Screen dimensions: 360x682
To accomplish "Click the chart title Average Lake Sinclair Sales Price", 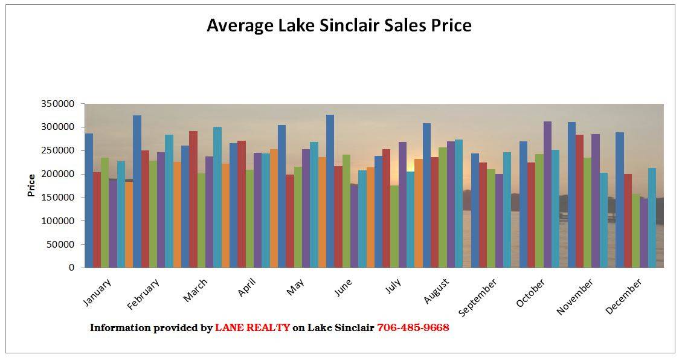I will click(339, 25).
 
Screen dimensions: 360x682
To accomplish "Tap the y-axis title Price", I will click(31, 185).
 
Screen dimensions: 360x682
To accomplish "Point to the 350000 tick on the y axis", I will click(58, 104).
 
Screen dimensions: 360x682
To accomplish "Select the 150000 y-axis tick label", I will click(58, 198).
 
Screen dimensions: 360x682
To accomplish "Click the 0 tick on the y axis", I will click(71, 268).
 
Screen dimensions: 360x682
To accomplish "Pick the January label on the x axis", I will click(97, 293).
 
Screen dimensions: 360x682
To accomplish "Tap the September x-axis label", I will click(478, 297).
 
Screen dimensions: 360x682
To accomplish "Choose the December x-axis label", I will click(624, 296).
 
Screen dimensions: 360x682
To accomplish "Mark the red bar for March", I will click(193, 199).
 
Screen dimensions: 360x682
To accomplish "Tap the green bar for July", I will click(394, 227).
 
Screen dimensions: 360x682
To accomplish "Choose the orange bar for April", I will click(274, 208).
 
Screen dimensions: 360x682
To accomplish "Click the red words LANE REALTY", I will click(253, 328).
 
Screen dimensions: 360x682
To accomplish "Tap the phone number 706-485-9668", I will click(413, 328).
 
